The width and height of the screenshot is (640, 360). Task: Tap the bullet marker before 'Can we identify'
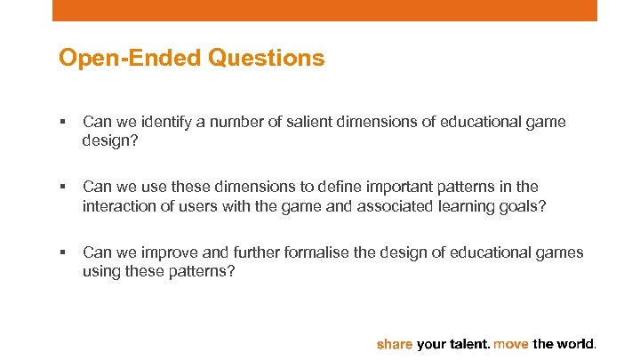point(61,123)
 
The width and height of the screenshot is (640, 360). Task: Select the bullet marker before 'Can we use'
point(61,188)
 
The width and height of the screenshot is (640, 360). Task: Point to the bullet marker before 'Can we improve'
point(61,252)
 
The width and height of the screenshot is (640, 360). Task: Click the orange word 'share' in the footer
point(396,343)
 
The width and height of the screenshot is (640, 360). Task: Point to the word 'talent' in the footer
point(467,343)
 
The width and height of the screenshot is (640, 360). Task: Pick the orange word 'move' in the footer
point(510,343)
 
